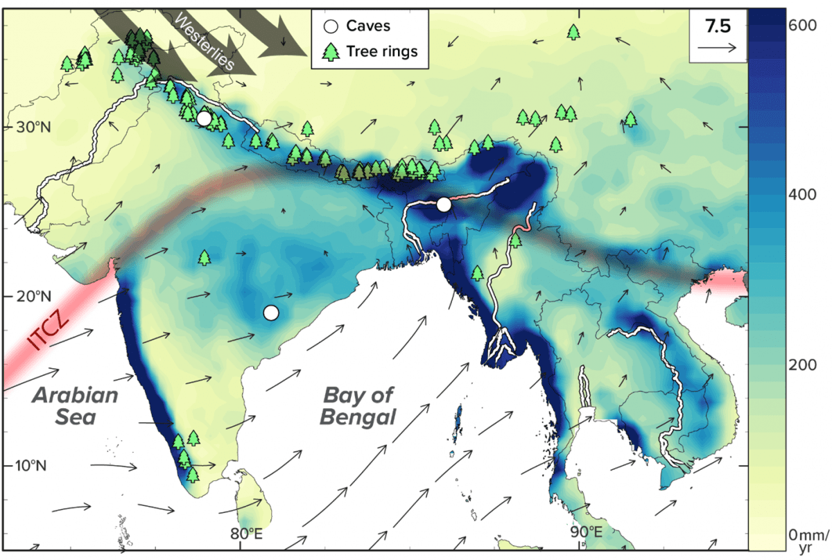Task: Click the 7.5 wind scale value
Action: click(717, 26)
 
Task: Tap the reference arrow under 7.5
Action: click(718, 48)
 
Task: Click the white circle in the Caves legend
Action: click(331, 26)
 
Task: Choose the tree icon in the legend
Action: click(331, 51)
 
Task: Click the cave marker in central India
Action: click(271, 313)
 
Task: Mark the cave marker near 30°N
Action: click(204, 119)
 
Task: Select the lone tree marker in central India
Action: click(204, 258)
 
